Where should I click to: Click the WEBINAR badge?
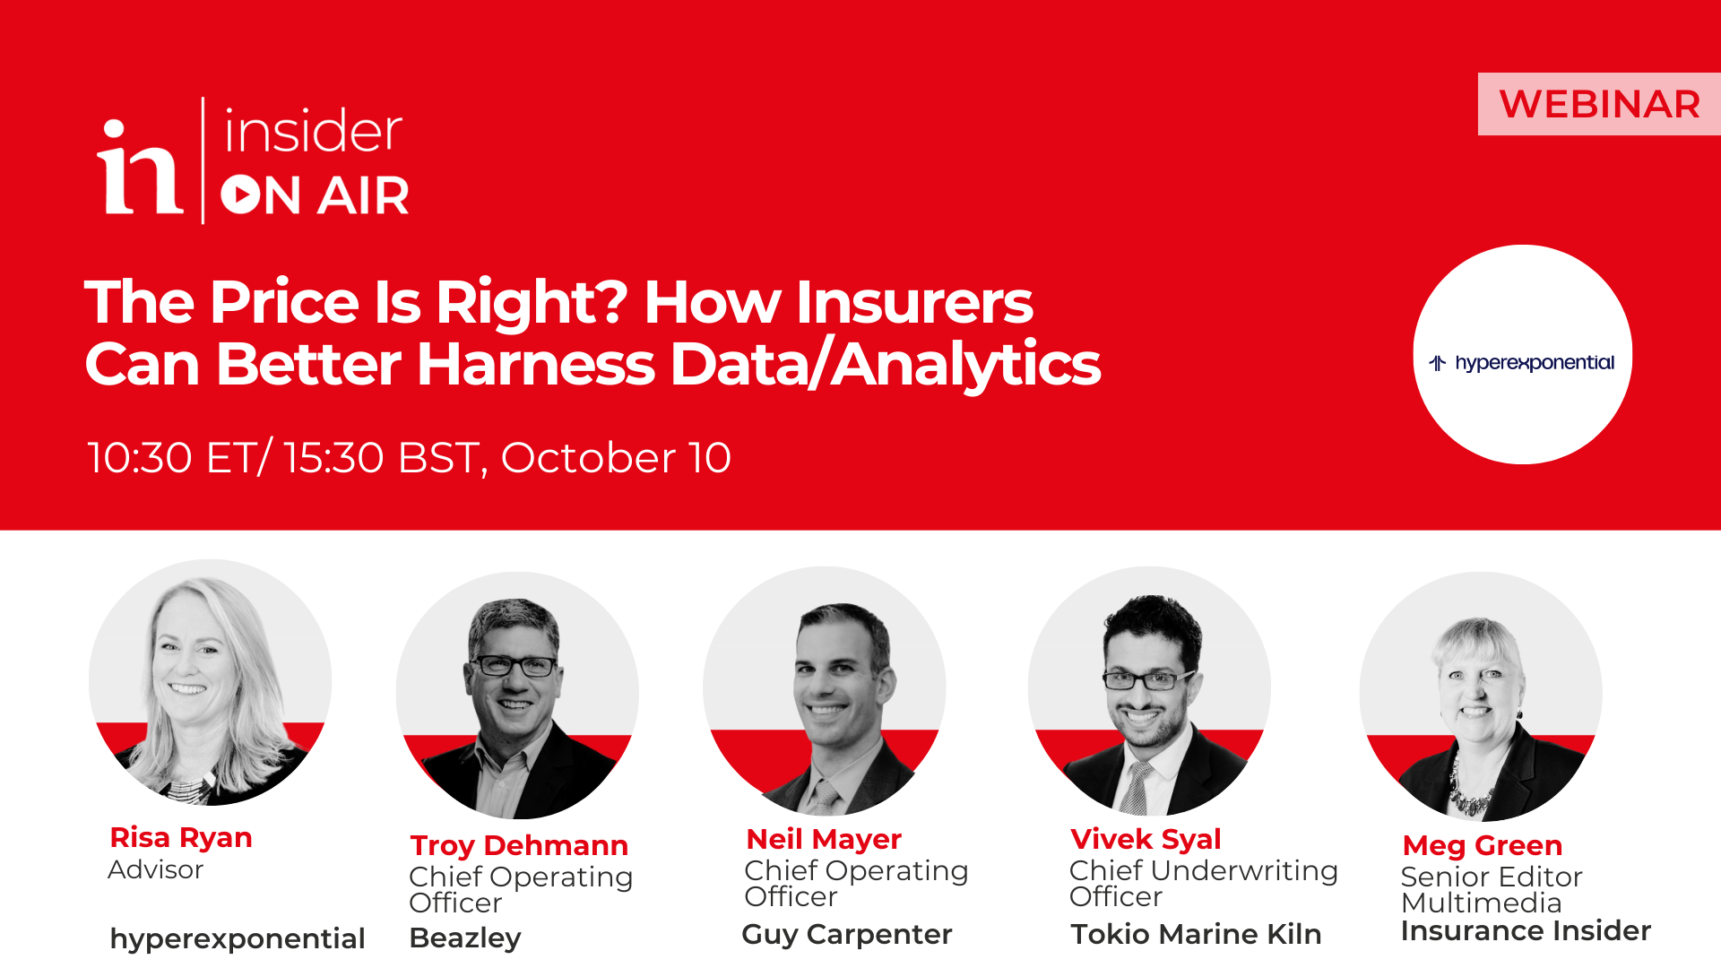click(1599, 104)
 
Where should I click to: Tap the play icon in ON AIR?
click(241, 194)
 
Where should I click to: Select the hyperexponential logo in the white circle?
click(1522, 363)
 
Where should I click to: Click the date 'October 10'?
click(616, 457)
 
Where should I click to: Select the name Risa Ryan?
click(181, 837)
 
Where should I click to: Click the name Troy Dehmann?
click(519, 845)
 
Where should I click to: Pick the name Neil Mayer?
click(824, 839)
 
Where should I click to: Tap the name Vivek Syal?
click(1146, 839)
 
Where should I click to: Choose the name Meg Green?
click(1483, 845)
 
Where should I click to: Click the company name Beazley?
click(465, 938)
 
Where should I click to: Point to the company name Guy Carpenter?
click(847, 934)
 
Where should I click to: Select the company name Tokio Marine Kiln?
click(1196, 934)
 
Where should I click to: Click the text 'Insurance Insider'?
click(1526, 930)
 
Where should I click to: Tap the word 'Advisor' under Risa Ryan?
click(156, 869)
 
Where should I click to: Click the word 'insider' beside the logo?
click(313, 132)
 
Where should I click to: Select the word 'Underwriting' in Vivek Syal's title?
click(1244, 870)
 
